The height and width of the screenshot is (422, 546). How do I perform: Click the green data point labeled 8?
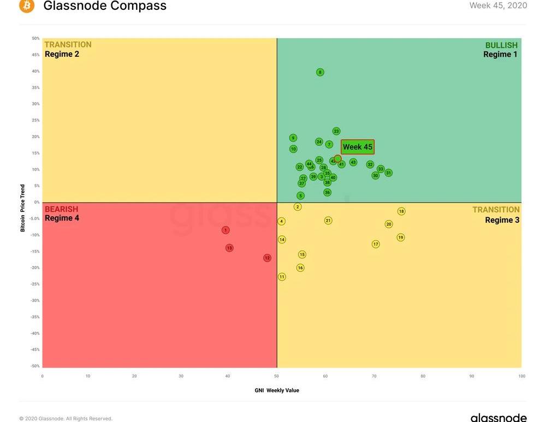pos(320,72)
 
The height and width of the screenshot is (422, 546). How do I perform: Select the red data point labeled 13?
pos(229,248)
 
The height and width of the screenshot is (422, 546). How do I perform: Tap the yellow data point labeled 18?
pos(401,211)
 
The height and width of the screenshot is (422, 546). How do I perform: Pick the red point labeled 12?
pos(268,258)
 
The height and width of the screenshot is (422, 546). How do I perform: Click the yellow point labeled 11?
pos(282,277)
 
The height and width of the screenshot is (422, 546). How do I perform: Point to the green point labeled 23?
pos(336,131)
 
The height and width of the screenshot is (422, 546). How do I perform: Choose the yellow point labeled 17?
pos(376,244)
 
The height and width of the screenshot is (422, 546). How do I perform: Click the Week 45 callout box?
pos(358,147)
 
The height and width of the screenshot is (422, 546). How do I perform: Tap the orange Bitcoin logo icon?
pos(26,6)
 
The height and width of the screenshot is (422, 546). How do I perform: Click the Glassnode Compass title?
pos(105,6)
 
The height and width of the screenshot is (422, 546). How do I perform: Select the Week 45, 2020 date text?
pos(498,5)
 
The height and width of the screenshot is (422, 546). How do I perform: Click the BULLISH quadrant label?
pos(501,45)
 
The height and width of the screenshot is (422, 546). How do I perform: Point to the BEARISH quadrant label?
pos(61,209)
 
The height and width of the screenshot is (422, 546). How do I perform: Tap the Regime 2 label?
pos(62,54)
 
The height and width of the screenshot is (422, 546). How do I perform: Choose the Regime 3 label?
pos(502,220)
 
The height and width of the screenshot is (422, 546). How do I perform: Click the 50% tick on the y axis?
pos(35,39)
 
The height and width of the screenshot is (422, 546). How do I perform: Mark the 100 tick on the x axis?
pos(521,376)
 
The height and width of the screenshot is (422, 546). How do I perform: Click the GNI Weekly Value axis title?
pos(277,390)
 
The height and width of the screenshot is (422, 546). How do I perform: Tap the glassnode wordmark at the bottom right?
pos(498,418)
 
